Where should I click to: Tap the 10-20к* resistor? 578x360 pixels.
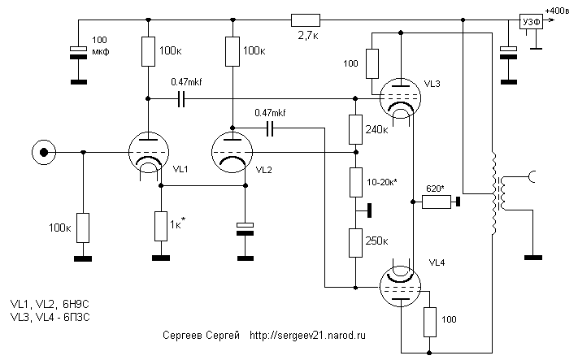[354, 181]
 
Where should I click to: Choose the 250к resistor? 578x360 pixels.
[354, 242]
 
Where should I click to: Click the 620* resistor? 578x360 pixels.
[437, 202]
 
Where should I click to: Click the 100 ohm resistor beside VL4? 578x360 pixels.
[429, 323]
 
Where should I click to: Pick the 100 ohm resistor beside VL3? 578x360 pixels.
[372, 63]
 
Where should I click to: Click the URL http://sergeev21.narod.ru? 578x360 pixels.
[308, 334]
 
